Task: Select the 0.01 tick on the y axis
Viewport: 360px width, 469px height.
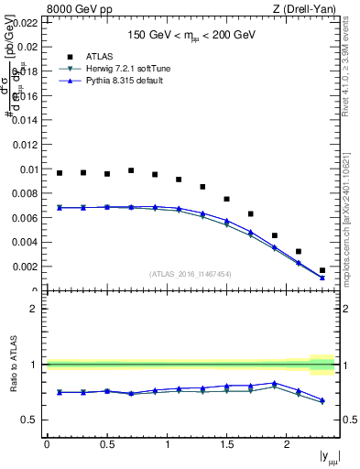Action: [x=27, y=169]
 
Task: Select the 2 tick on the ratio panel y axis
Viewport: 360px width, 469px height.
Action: [x=33, y=309]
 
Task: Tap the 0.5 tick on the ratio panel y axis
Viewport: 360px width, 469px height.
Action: [x=29, y=420]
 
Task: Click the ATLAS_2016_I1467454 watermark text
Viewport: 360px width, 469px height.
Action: [x=189, y=274]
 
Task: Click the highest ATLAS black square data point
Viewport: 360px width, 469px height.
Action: [x=131, y=170]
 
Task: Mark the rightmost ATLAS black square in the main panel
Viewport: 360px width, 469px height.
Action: [x=322, y=270]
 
